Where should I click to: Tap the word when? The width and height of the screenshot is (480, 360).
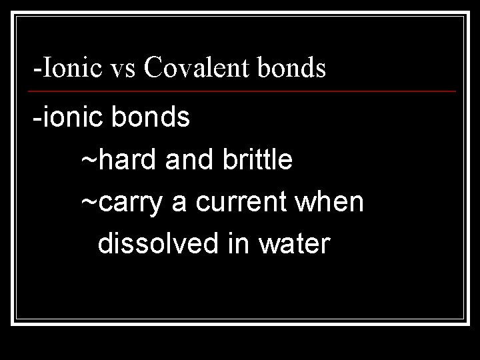332,203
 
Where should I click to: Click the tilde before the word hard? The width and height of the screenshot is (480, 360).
89,161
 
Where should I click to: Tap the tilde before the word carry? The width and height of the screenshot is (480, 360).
89,203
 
